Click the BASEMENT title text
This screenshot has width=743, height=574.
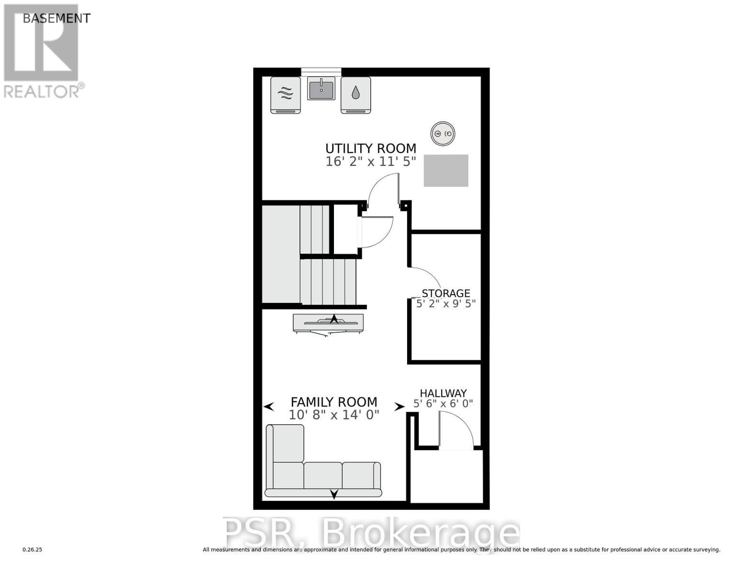pyautogui.click(x=56, y=18)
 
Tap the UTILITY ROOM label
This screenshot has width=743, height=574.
pyautogui.click(x=371, y=148)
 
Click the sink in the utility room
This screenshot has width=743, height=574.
pyautogui.click(x=321, y=88)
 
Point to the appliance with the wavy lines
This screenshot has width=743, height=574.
pyautogui.click(x=286, y=95)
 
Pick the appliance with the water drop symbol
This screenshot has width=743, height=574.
pyautogui.click(x=355, y=95)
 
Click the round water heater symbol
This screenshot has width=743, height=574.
pyautogui.click(x=443, y=133)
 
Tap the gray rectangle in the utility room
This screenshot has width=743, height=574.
pyautogui.click(x=446, y=170)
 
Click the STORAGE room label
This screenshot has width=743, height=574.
pyautogui.click(x=446, y=293)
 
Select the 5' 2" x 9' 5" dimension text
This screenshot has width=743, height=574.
pyautogui.click(x=446, y=303)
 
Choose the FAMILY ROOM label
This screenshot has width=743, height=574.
pyautogui.click(x=334, y=402)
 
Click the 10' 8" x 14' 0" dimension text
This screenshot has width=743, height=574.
pyautogui.click(x=334, y=415)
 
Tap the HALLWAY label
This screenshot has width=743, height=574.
pyautogui.click(x=443, y=393)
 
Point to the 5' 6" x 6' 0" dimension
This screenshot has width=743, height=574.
pyautogui.click(x=443, y=404)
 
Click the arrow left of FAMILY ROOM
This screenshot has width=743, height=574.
pyautogui.click(x=269, y=407)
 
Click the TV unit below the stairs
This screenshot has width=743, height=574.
pyautogui.click(x=328, y=323)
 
